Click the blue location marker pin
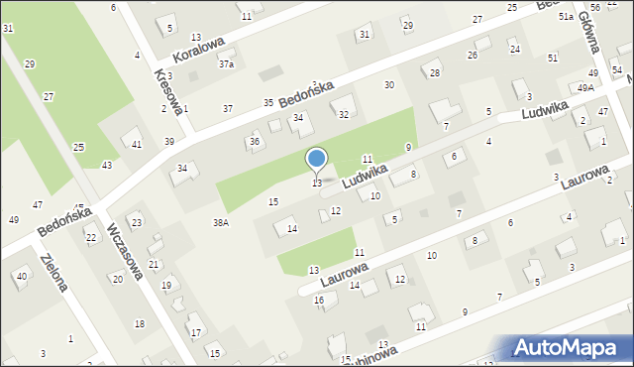[317, 160]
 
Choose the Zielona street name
[53, 272]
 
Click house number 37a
[227, 64]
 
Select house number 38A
[220, 222]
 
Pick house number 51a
[566, 18]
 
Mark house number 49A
[586, 88]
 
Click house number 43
[107, 165]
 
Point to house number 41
[137, 145]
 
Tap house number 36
[255, 142]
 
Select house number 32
[344, 114]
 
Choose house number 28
[434, 73]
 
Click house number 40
[22, 276]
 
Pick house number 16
[319, 300]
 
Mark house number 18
[139, 324]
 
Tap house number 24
[514, 49]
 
